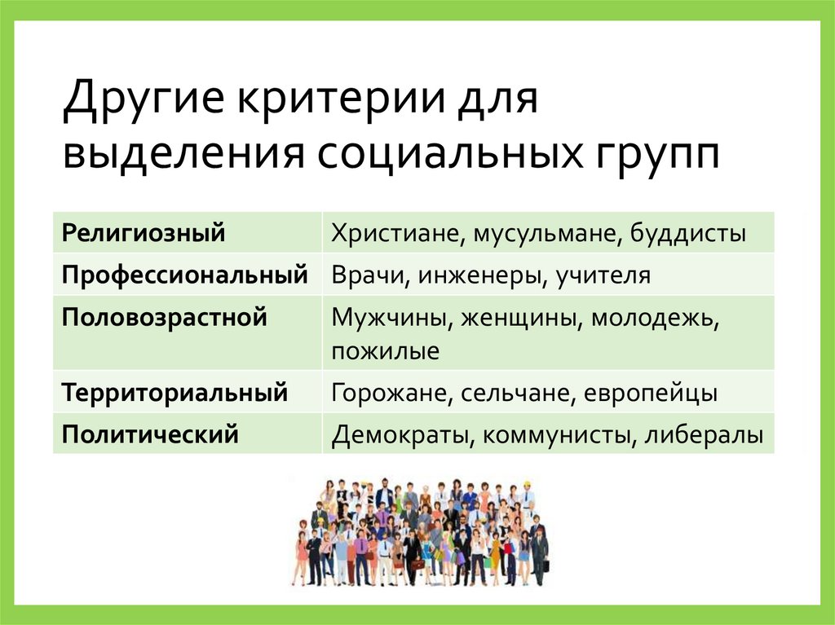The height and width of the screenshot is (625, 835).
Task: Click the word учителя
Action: (x=604, y=275)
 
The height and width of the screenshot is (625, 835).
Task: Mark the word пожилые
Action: (x=386, y=352)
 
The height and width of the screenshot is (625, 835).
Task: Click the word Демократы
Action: (x=400, y=434)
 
